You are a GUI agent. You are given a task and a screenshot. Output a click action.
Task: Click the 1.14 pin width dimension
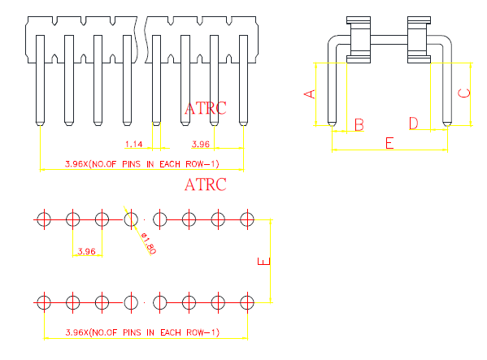coord(133,144)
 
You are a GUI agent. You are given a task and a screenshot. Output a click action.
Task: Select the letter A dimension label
coord(310,94)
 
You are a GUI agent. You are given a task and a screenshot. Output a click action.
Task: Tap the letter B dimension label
coord(359,124)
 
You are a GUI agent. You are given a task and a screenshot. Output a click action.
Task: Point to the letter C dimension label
coord(464,93)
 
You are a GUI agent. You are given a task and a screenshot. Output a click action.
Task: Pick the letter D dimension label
coord(413,124)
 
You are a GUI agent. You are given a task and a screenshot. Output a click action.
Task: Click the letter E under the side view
coord(389,143)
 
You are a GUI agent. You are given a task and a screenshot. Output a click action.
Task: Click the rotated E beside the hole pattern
coord(264,262)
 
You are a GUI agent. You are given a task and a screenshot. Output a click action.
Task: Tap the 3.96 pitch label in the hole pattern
coord(86,251)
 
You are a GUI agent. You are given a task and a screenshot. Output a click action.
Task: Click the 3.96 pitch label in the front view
coord(201,144)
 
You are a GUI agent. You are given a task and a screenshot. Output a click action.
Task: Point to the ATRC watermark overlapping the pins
coord(206,108)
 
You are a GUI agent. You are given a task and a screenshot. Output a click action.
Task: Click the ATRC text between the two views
coord(206,184)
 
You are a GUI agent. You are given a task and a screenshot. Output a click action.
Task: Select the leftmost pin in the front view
coord(40,80)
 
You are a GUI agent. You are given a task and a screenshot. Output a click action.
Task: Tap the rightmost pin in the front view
coord(244,80)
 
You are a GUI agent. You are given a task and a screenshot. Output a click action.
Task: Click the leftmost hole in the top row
coord(44,219)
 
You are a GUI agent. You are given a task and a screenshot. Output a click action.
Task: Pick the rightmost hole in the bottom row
coord(247,302)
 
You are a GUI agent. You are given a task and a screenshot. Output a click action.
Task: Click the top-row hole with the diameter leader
coord(131,219)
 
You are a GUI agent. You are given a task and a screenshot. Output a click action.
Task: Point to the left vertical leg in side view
coord(332,93)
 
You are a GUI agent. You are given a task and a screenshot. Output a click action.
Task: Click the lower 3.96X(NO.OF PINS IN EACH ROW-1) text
coord(142,332)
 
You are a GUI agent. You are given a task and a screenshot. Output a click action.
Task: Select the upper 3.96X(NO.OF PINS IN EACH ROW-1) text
coord(142,164)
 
